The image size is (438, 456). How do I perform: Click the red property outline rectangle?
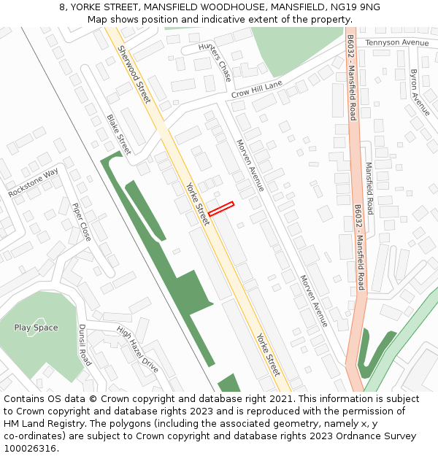coord(220,209)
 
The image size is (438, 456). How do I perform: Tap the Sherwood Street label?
coord(134,74)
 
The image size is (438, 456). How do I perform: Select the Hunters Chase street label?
coord(215,61)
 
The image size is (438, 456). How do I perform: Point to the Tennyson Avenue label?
coord(397,43)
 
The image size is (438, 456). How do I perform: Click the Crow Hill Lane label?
coord(256,90)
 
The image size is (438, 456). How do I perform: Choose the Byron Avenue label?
coord(420,93)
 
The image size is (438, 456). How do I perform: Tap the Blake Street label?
coord(118,134)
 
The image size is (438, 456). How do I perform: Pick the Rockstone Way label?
coord(33,183)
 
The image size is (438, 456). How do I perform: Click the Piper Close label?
coord(82,222)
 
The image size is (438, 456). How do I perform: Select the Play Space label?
coord(36,328)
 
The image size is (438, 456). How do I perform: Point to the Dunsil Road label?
coord(85,345)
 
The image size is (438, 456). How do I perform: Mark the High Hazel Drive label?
coord(138,350)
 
